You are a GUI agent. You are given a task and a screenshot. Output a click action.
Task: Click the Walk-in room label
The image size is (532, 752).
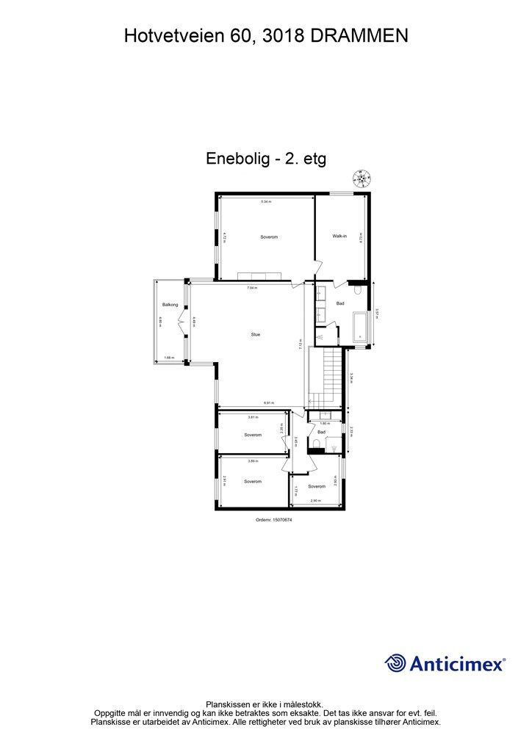pyautogui.click(x=339, y=236)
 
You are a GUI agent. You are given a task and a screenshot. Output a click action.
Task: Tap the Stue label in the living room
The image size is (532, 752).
pyautogui.click(x=255, y=334)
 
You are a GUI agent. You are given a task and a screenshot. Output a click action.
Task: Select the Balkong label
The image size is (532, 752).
pyautogui.click(x=170, y=304)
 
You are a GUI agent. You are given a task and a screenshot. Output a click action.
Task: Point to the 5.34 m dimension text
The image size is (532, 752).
pyautogui.click(x=265, y=202)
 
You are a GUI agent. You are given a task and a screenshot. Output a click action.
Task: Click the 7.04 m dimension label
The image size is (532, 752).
pyautogui.click(x=252, y=288)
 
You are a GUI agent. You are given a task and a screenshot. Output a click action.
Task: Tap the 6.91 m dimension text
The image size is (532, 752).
pyautogui.click(x=270, y=402)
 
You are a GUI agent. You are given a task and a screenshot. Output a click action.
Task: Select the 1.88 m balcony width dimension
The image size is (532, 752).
pyautogui.click(x=169, y=358)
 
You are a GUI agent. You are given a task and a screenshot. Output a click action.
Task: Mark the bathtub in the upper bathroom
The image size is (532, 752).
pyautogui.click(x=360, y=327)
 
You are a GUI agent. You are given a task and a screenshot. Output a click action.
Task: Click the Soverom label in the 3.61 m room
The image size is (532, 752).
pyautogui.click(x=253, y=435)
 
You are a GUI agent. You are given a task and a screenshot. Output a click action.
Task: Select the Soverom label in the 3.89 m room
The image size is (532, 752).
pyautogui.click(x=253, y=482)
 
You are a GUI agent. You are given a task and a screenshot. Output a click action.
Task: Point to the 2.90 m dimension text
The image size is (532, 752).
pyautogui.click(x=314, y=501)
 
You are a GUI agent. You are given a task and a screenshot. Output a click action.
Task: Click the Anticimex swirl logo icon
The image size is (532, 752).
pyautogui.click(x=395, y=663)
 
